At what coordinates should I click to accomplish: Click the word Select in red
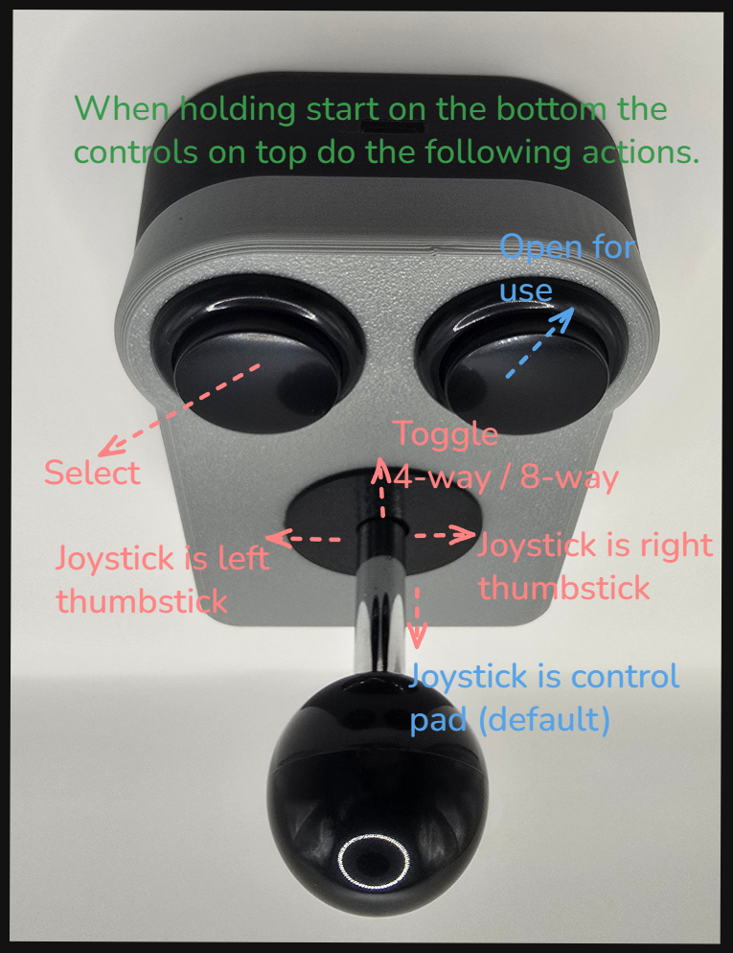coord(92,473)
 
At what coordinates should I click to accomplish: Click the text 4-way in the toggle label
coord(441,477)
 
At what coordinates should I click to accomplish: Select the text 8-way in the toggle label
coord(569,477)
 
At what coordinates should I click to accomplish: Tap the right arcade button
coord(522,359)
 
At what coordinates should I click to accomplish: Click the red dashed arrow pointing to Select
coord(179,409)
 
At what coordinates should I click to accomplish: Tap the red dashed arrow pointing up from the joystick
coord(382,487)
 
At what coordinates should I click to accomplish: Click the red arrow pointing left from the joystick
coord(303,538)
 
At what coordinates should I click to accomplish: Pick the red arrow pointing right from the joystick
coord(445,535)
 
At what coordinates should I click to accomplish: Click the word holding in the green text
coord(238,109)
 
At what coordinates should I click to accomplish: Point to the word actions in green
coord(640,151)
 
